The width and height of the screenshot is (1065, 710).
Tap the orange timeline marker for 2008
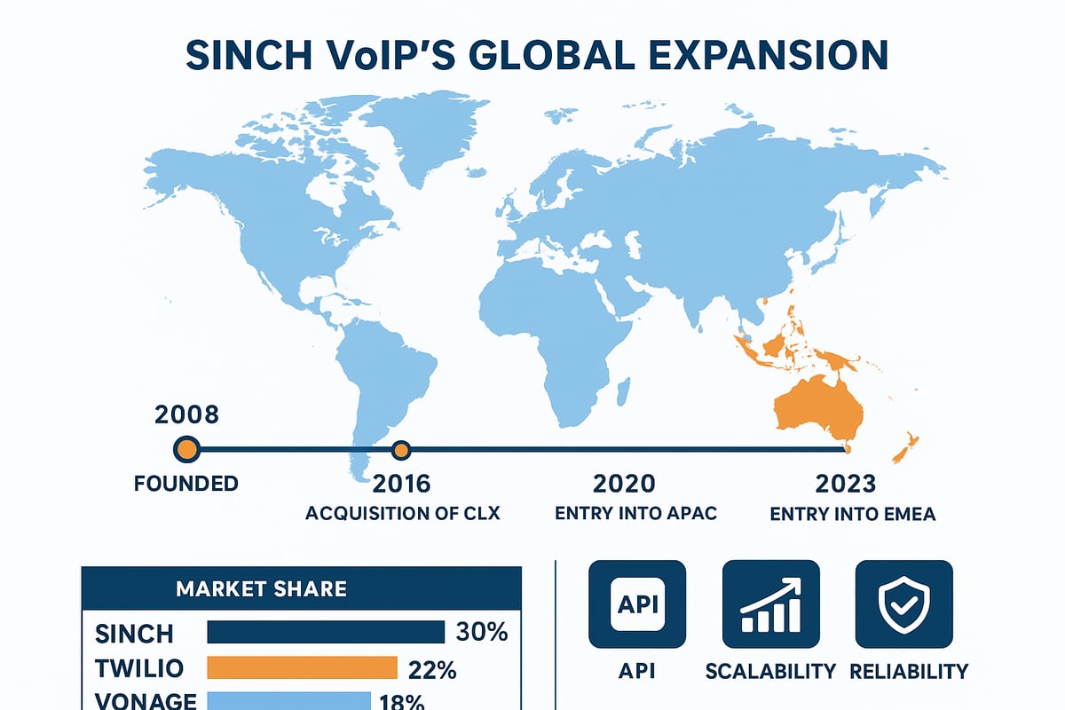tap(186, 449)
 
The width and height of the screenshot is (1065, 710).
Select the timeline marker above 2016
tap(401, 450)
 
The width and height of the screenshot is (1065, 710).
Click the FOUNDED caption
tap(186, 484)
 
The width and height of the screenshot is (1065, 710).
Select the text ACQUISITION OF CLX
tap(401, 514)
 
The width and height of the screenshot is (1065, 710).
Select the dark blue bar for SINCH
tap(325, 632)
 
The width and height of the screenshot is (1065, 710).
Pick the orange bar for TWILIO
tap(302, 667)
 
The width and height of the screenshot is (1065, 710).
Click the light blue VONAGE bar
tap(288, 700)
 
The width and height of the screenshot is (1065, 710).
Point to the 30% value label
tap(481, 632)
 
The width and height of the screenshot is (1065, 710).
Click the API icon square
tap(637, 603)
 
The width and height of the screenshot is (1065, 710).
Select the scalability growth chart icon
tap(770, 603)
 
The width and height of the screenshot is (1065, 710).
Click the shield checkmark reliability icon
tap(903, 603)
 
